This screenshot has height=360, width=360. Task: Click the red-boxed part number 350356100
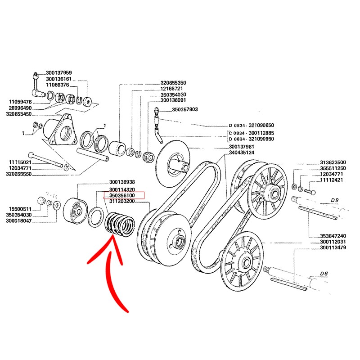click(122, 195)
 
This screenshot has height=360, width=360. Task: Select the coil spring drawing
click(119, 224)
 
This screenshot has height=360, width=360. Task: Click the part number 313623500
click(333, 162)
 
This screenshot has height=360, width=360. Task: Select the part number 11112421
click(333, 180)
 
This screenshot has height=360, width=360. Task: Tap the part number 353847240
click(333, 236)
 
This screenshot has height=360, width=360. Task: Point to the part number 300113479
click(333, 247)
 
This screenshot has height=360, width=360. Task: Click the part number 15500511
click(20, 209)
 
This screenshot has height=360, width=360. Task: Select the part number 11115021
click(20, 162)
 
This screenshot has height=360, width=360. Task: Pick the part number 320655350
click(173, 83)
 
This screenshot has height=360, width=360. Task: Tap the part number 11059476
click(20, 102)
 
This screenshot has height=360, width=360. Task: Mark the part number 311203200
click(122, 202)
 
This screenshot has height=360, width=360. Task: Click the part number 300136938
click(122, 182)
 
